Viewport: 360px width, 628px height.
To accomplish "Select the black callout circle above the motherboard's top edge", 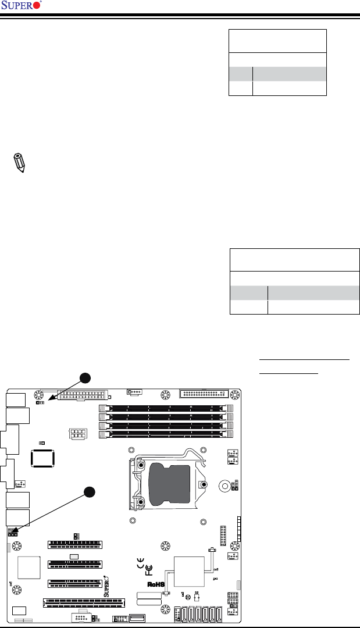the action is (85, 378).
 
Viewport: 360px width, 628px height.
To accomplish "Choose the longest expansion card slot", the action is (84, 602).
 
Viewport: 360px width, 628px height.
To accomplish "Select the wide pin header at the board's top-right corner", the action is (205, 394).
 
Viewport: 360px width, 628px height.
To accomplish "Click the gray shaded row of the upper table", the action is (277, 73).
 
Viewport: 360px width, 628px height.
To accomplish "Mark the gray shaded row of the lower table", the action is (295, 292).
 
